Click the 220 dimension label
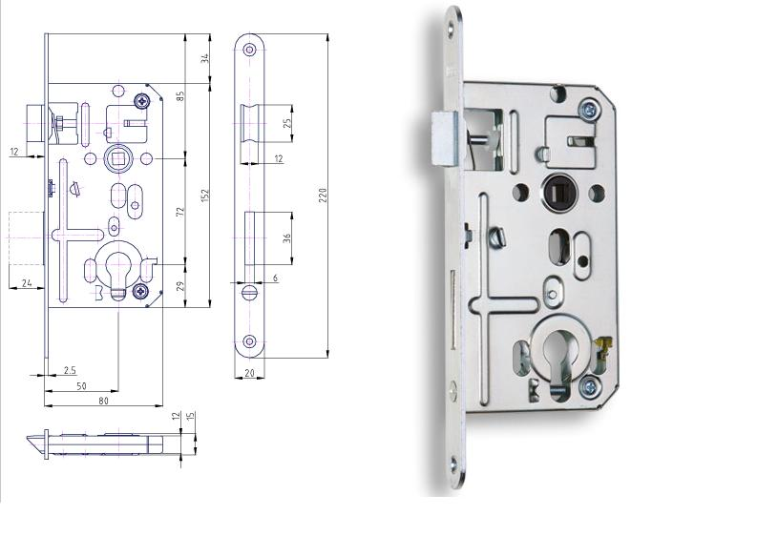(322, 196)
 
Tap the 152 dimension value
(205, 196)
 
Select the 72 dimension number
(180, 211)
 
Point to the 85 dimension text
(180, 95)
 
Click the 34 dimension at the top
(205, 58)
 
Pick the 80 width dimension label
(103, 401)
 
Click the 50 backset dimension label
(81, 385)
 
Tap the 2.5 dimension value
(70, 370)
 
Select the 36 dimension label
(286, 238)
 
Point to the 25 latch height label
(286, 123)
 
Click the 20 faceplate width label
(249, 373)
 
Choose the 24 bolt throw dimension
(27, 282)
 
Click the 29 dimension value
(180, 286)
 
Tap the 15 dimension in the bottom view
(191, 416)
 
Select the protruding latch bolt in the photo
(444, 138)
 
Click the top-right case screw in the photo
(589, 109)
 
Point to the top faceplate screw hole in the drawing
(249, 49)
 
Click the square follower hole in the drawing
(117, 158)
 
